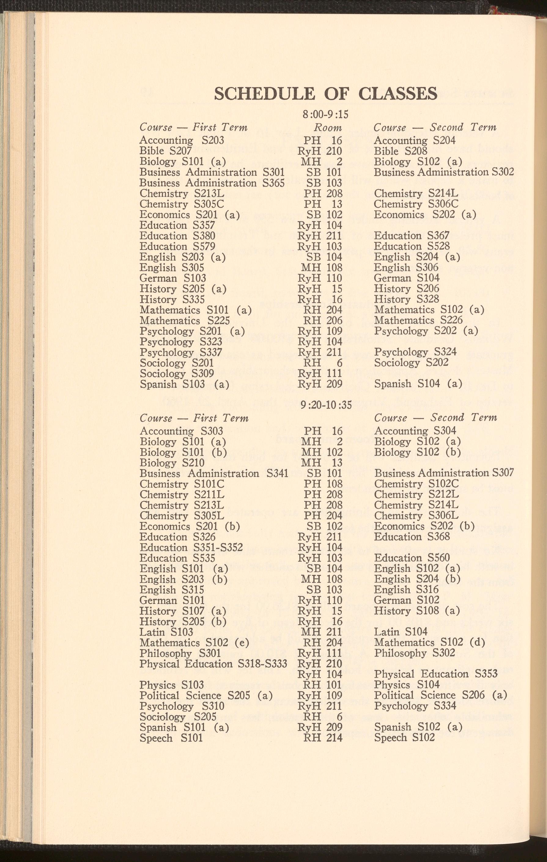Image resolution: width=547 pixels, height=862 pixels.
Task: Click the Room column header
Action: pyautogui.click(x=327, y=128)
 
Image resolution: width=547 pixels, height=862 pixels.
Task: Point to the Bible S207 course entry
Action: pyautogui.click(x=165, y=151)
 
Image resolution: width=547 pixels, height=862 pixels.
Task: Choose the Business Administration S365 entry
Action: pyautogui.click(x=212, y=183)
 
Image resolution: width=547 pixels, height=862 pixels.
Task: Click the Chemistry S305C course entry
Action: pyautogui.click(x=182, y=204)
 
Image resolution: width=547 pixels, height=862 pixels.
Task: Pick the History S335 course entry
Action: pyautogui.click(x=172, y=299)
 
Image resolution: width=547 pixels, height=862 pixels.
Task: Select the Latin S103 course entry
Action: pyautogui.click(x=166, y=632)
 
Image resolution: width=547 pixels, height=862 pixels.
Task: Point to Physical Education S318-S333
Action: pyautogui.click(x=213, y=664)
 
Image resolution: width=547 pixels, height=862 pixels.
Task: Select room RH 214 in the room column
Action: pyautogui.click(x=323, y=738)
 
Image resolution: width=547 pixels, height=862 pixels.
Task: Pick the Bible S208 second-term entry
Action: pyautogui.click(x=401, y=151)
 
